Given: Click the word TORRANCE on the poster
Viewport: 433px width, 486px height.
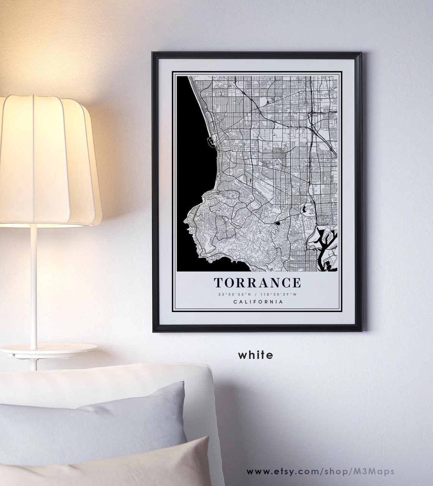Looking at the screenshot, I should click(x=258, y=283).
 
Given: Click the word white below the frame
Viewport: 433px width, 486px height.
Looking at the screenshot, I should click(x=255, y=355).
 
